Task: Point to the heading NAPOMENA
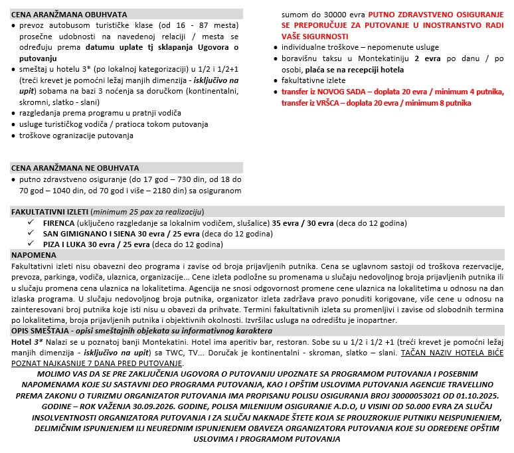pyautogui.click(x=34, y=254)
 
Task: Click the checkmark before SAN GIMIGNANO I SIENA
pyautogui.click(x=31, y=234)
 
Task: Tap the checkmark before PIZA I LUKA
pyautogui.click(x=31, y=244)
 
